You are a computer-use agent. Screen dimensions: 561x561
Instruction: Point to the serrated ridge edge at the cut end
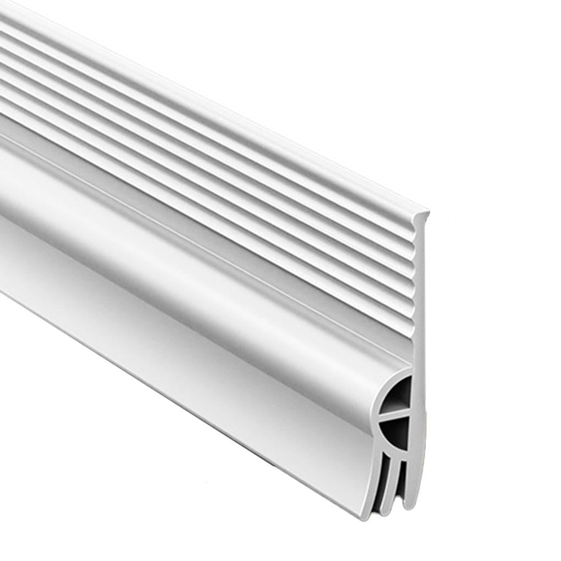(415, 280)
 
